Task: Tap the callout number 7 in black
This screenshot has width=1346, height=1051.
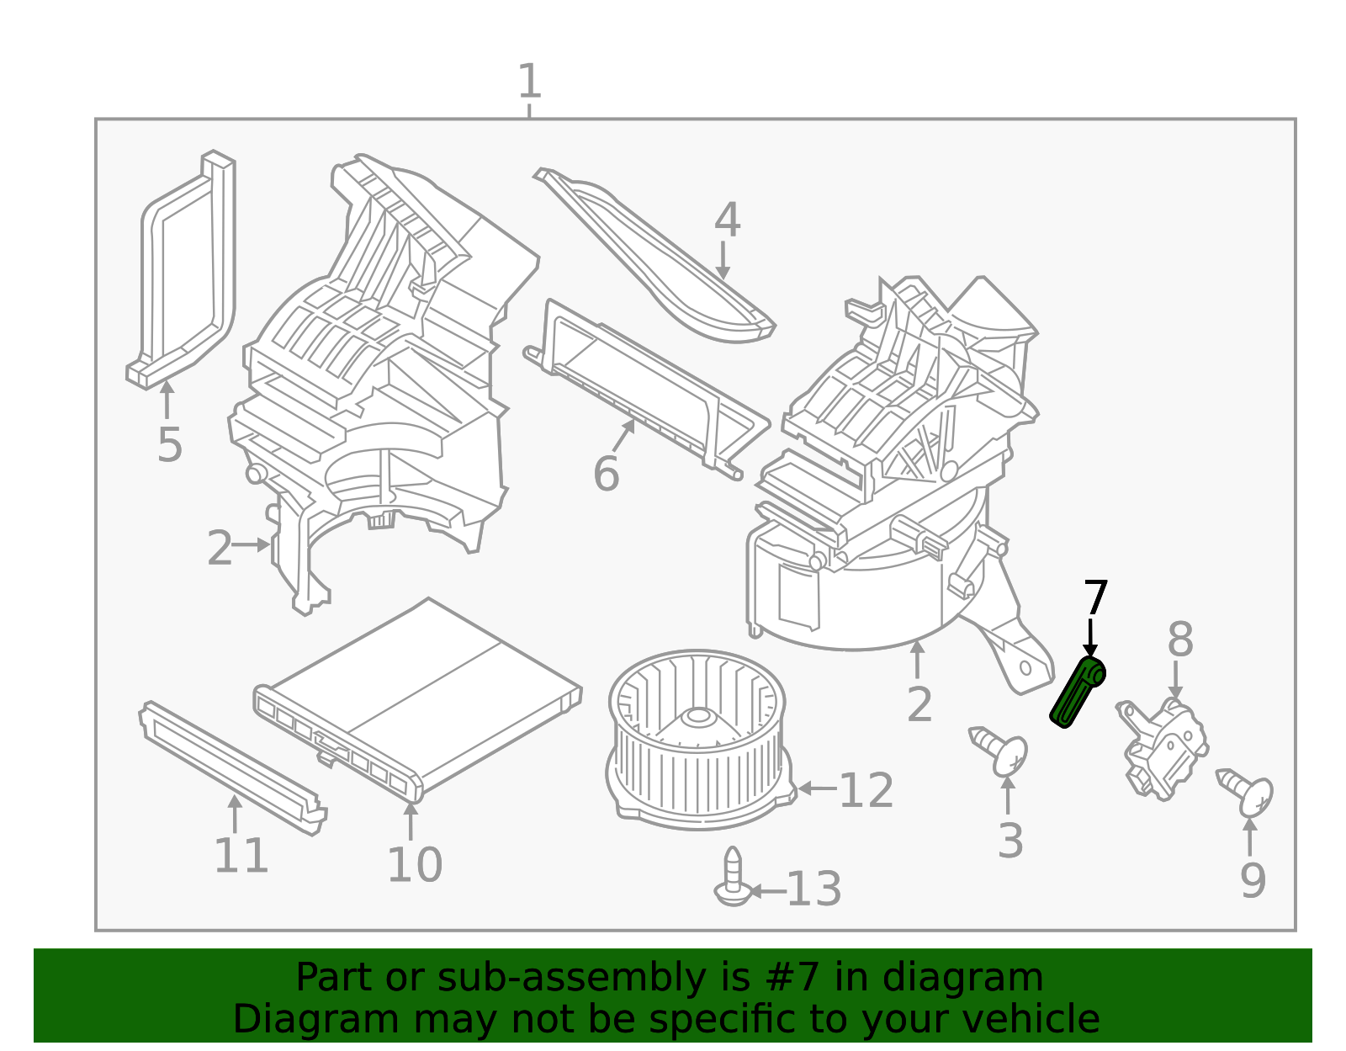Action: (x=1094, y=598)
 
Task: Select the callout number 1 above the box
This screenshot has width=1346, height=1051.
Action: (x=528, y=82)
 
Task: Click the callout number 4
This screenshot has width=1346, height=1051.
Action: (x=727, y=220)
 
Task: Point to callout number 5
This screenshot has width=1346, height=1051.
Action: (x=169, y=444)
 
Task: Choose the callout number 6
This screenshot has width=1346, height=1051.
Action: (x=606, y=474)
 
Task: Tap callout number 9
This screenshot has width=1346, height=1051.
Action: (x=1252, y=880)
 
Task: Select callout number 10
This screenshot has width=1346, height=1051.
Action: (x=414, y=865)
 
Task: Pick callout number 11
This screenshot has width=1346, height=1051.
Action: (x=241, y=856)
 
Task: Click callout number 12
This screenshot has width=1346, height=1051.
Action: (x=866, y=791)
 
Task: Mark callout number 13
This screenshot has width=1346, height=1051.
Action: (x=813, y=890)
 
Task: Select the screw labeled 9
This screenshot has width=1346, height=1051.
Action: (x=1247, y=791)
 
